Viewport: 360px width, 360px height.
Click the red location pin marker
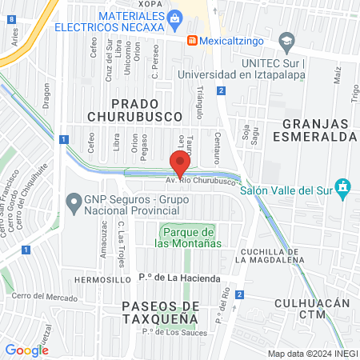click(181, 163)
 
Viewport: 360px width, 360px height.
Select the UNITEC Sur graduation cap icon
click(287, 39)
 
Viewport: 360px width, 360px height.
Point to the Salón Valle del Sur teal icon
click(343, 187)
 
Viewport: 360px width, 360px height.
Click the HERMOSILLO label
click(102, 280)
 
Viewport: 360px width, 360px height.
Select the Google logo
click(26, 350)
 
